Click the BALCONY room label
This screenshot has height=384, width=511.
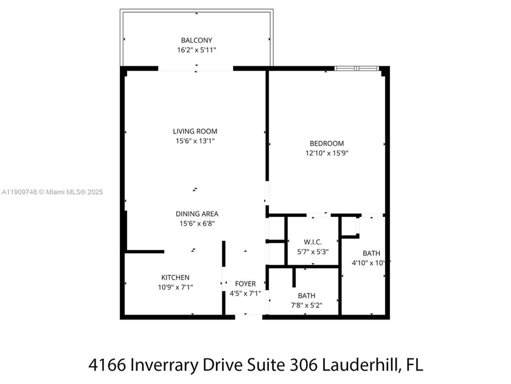tap(196, 40)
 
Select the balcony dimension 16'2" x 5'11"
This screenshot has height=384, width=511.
tap(196, 51)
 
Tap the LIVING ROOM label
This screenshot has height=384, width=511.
tap(195, 131)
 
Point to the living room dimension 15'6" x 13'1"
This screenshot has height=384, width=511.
tap(195, 141)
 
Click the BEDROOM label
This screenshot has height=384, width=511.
tap(327, 143)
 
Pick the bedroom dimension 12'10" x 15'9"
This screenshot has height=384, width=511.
tap(327, 153)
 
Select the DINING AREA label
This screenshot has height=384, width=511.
tap(196, 214)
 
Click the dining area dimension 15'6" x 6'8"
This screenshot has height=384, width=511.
tap(196, 224)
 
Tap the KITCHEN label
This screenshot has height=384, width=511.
tap(175, 277)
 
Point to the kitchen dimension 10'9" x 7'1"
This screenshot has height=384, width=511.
tap(175, 287)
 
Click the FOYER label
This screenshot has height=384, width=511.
tap(246, 284)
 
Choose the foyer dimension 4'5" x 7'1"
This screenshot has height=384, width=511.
tap(246, 294)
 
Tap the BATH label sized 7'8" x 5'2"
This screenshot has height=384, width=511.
tap(306, 296)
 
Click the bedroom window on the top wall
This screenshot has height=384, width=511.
tap(356, 68)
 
